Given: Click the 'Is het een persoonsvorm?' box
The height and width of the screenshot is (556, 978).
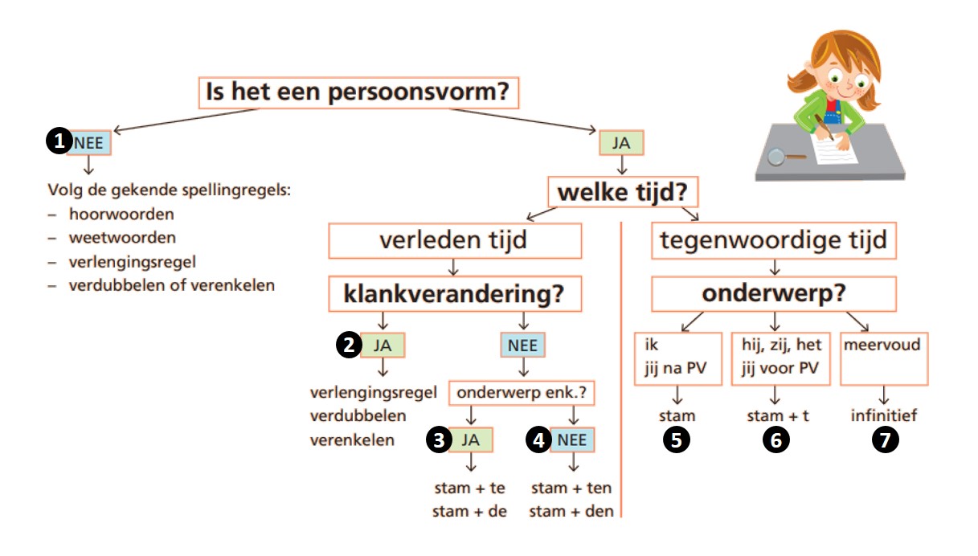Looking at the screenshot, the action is coord(358,92).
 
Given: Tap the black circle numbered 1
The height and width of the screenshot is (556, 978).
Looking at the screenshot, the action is coord(59,141).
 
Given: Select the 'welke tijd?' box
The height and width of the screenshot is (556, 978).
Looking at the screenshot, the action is coord(623,191).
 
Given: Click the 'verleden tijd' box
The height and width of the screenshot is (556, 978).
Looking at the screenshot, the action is coord(455,241).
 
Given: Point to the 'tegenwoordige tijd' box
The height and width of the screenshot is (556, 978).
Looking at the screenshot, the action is coord(774,240).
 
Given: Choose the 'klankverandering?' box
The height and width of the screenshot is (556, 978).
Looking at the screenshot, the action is coord(455,293).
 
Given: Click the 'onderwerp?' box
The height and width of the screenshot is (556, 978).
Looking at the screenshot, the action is coord(774,293).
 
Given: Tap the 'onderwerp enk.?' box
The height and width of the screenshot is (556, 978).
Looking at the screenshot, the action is coord(522,393).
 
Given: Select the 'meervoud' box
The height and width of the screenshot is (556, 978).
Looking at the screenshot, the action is coord(884,358).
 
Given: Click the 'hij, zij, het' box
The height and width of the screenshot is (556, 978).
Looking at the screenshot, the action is coord(780,358).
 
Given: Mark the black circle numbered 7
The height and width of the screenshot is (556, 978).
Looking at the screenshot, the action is coord(885,440).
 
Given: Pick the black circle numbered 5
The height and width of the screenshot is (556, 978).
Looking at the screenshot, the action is coord(677,440).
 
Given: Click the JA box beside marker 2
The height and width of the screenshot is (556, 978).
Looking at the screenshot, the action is coord(383,345).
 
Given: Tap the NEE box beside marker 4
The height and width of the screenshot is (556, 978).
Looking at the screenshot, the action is coord(572,439).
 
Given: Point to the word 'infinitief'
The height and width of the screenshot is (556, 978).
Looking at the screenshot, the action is coord(884,415).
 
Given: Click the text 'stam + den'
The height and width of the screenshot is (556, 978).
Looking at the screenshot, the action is coord(571,511).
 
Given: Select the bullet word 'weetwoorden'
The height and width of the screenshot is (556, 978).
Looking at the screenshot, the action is coord(122,238).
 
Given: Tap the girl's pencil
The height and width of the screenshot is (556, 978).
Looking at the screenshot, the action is coord(824,127).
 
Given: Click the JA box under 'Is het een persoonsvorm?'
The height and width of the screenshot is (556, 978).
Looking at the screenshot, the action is coord(621,143).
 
